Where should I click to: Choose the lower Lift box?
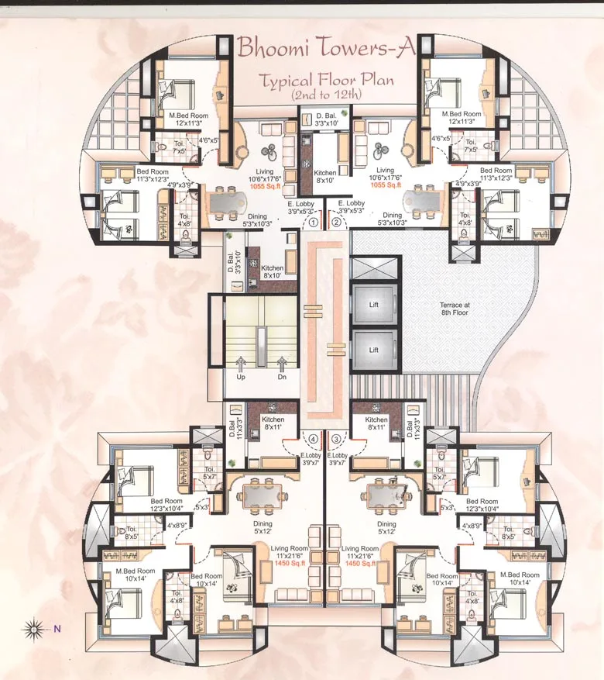(373, 350)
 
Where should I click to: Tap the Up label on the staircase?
(241, 378)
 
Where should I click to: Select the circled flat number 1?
(314, 222)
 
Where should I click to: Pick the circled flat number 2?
(336, 222)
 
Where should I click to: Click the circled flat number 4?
(313, 439)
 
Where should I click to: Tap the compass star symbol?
(33, 628)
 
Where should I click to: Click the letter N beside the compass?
(57, 629)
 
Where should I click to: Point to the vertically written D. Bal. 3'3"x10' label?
(231, 261)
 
